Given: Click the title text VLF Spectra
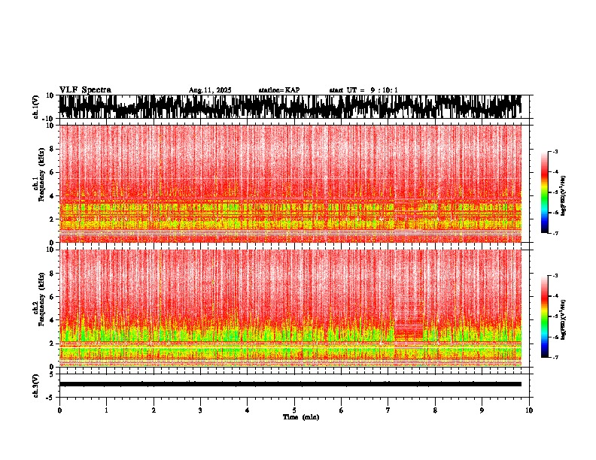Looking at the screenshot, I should click(85, 90).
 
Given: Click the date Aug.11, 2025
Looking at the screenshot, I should click(210, 90).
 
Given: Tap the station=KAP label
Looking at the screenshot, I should click(278, 90).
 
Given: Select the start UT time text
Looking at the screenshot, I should click(363, 90).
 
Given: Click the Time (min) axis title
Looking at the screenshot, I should click(300, 416).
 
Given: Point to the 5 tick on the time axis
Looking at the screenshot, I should click(294, 410).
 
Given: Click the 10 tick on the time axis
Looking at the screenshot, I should click(529, 410).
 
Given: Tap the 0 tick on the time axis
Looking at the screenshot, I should click(59, 410).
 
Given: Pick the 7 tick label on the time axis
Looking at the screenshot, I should click(388, 410).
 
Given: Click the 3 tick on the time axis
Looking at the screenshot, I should click(200, 410).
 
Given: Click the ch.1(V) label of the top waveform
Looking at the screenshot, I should click(36, 107).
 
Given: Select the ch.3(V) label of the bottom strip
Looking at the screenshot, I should click(36, 384).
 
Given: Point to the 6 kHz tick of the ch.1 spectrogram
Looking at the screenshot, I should click(52, 172).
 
